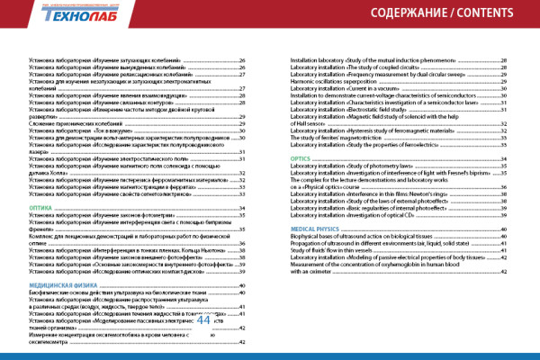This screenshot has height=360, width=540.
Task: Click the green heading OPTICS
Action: (x=301, y=158)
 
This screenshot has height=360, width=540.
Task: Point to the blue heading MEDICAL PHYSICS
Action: (x=317, y=230)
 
